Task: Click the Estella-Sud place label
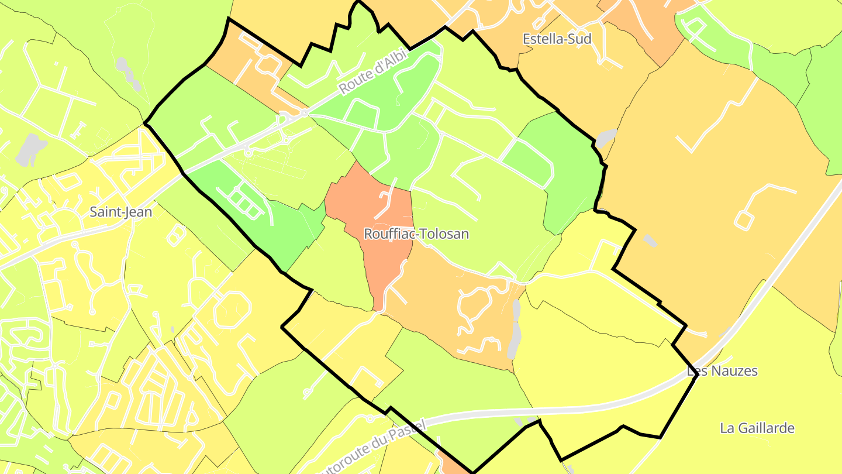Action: pos(557,39)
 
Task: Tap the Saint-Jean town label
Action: pos(120,212)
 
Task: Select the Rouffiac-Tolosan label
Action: pos(416,234)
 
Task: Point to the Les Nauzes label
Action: pos(722,371)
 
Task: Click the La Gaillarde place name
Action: pos(757,428)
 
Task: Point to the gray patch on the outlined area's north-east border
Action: pos(606,138)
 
